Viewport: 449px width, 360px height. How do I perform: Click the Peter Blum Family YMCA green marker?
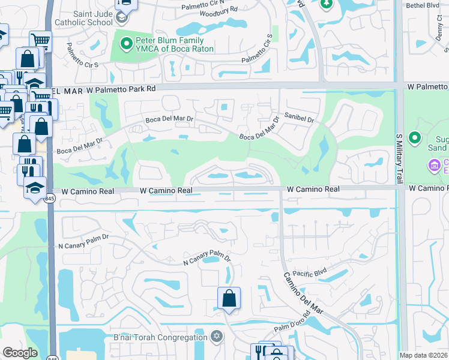point(127,43)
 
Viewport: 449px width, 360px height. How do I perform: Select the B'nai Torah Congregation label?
point(160,337)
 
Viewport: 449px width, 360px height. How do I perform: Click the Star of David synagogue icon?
point(217,337)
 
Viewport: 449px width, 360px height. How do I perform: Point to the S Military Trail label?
point(398,158)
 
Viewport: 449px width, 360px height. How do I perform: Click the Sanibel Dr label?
point(300,119)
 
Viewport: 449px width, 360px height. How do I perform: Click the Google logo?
point(21,353)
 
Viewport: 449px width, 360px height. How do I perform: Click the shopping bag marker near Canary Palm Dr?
point(229,298)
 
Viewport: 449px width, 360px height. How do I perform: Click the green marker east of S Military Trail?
point(415,138)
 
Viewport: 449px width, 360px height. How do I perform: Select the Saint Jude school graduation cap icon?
point(122,17)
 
